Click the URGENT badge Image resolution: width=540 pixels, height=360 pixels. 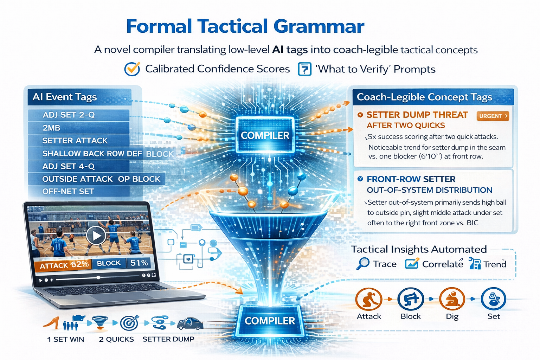(x=493, y=116)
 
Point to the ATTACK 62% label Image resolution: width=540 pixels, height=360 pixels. (x=63, y=265)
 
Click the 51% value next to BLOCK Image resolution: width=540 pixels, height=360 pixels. (x=139, y=263)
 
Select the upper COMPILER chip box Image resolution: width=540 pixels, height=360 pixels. (x=265, y=136)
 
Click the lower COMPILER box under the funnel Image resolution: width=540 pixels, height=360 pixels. (x=270, y=321)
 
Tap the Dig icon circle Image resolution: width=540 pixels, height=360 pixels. (x=452, y=300)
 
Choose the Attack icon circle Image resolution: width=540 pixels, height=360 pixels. (x=369, y=300)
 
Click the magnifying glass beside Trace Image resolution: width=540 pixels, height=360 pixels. (x=363, y=263)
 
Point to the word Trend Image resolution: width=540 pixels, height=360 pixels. (x=495, y=264)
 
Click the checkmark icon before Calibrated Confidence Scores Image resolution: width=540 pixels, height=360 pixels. (x=132, y=69)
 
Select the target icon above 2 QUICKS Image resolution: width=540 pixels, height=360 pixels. (x=129, y=323)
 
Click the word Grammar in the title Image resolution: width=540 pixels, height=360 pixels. (x=319, y=26)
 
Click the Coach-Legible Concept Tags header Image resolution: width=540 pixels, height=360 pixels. (x=424, y=97)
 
